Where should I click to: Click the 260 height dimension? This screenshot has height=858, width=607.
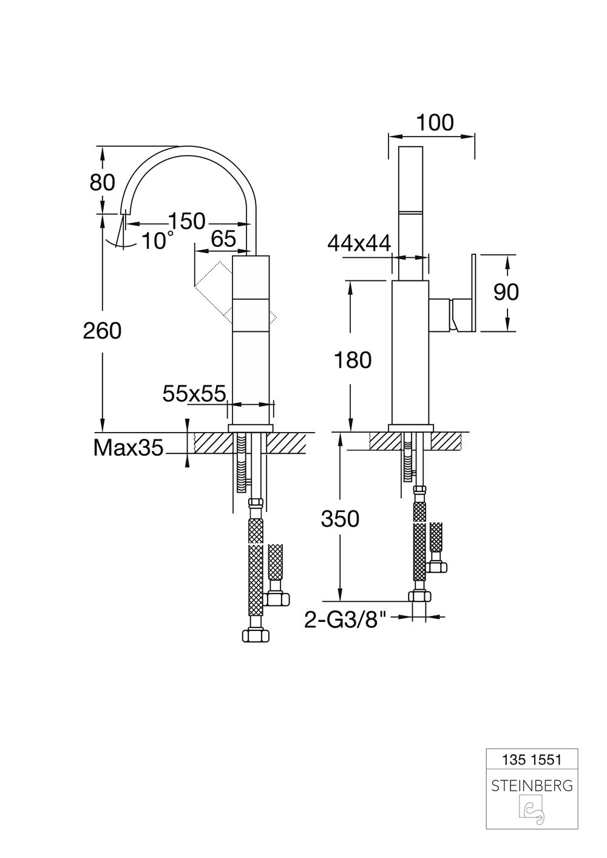(x=102, y=331)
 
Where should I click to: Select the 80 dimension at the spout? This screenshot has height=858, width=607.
(x=102, y=181)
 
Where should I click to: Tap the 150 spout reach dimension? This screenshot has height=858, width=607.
(x=186, y=221)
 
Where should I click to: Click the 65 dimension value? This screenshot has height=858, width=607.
(x=223, y=239)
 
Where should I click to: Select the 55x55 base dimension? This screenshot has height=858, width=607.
(x=194, y=394)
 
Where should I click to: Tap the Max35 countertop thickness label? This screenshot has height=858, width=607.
(x=128, y=448)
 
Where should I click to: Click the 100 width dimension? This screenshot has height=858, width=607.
(x=435, y=123)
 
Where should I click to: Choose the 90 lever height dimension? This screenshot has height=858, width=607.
(x=506, y=292)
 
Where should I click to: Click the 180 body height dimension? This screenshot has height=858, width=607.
(x=353, y=360)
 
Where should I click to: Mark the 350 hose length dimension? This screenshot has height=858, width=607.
(x=340, y=519)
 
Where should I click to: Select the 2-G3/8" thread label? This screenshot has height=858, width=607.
(x=345, y=620)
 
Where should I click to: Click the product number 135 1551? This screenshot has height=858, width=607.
(x=532, y=759)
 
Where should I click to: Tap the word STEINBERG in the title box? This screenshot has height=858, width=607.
(x=532, y=786)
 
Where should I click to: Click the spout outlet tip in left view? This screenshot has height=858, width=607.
(x=126, y=212)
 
